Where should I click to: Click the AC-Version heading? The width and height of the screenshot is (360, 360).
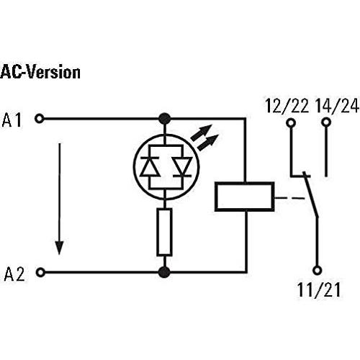[x=40, y=72]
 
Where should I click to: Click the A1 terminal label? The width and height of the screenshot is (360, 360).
[x=12, y=120]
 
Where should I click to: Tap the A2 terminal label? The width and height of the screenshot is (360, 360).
[x=14, y=274]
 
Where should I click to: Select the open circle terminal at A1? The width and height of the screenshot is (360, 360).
[x=40, y=119]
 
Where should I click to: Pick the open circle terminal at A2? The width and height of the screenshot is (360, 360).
[x=40, y=272]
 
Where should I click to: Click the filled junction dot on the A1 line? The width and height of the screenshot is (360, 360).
[x=165, y=119]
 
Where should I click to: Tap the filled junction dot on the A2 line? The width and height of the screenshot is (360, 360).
[x=165, y=272]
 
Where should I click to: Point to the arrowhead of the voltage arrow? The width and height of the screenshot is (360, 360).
[x=59, y=247]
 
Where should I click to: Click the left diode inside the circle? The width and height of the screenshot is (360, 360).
[x=150, y=166]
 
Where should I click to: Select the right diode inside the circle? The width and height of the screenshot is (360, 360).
[x=183, y=166]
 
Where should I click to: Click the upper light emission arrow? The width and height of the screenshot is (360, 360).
[x=202, y=132]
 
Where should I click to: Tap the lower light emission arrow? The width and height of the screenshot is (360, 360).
[x=208, y=143]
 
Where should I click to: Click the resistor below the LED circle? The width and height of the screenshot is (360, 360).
[x=164, y=232]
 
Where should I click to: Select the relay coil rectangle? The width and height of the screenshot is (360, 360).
[x=245, y=197]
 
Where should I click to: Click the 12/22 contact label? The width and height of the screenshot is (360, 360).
[x=287, y=106]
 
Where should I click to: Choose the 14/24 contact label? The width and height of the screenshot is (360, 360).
[x=337, y=106]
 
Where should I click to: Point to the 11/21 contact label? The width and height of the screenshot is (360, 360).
[x=319, y=289]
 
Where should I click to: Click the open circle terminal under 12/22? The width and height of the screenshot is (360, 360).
[x=291, y=123]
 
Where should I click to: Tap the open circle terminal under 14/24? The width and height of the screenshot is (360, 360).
[x=326, y=122]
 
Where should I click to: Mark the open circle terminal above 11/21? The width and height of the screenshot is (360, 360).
[x=318, y=270]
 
